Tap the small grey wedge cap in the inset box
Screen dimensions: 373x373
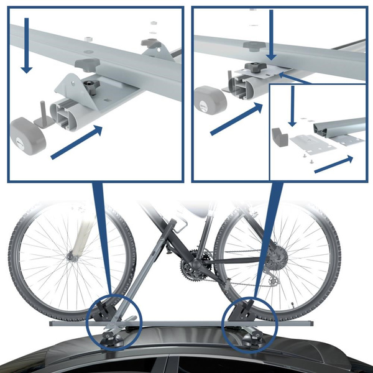(x=280, y=137)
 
